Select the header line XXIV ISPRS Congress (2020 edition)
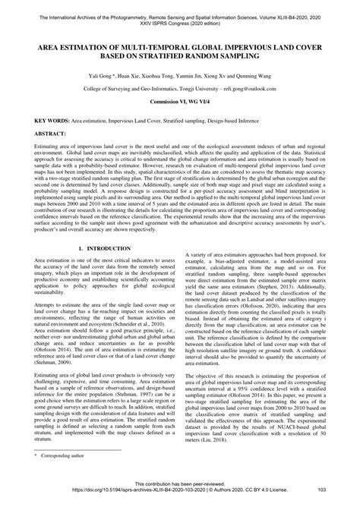[180, 15]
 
